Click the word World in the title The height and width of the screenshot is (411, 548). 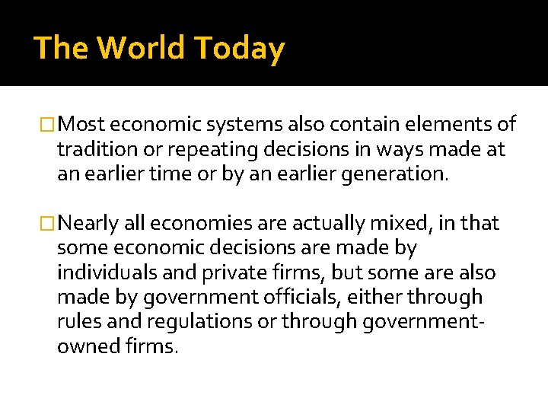[x=140, y=48]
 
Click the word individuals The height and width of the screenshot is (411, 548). [x=103, y=273]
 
